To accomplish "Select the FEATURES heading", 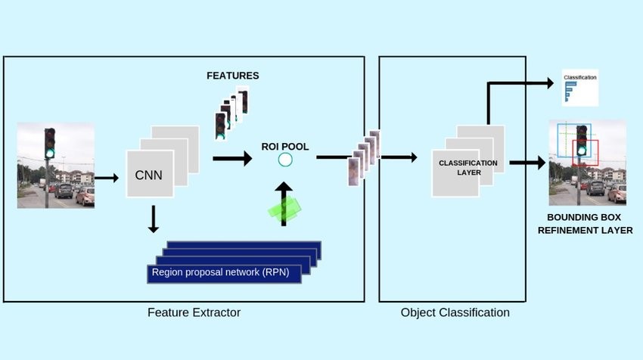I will point(232,76).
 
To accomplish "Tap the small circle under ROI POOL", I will point(285,160).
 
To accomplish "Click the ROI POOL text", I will point(285,145).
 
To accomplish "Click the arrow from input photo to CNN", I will point(107,178).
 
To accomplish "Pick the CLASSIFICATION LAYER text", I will point(467,167).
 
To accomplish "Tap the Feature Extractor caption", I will point(193,312).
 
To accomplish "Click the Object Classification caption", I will point(455,312).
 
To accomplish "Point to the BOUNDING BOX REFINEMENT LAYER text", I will point(585,225).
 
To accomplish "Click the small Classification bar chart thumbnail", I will point(579,88).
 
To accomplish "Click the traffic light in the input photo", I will point(50,144).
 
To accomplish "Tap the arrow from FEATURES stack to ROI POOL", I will point(232,159).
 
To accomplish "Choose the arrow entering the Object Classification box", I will point(399,157).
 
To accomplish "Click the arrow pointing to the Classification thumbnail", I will point(522,82).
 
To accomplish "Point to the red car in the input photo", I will point(85,196).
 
